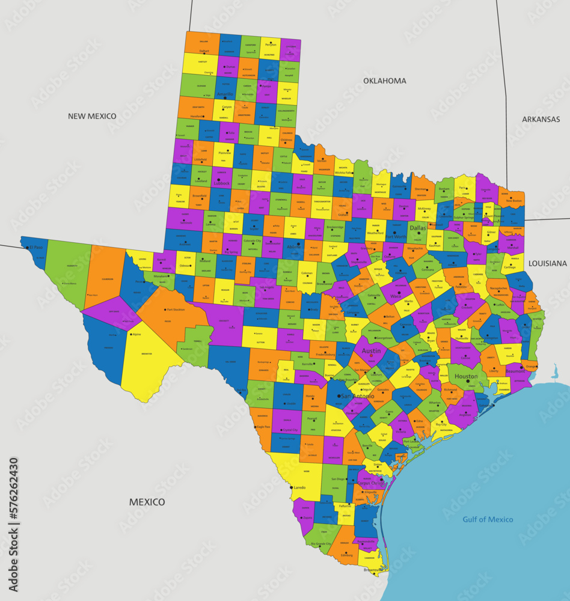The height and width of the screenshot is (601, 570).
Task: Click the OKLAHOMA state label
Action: tap(384, 81)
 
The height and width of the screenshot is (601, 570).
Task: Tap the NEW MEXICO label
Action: tap(92, 116)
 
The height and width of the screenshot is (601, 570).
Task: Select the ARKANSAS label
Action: tap(541, 120)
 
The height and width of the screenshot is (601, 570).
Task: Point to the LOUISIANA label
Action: tap(547, 263)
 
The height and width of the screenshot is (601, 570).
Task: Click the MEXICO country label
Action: tap(147, 502)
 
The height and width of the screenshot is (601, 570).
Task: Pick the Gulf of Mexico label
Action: tap(488, 519)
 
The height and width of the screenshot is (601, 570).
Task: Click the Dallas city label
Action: tap(417, 228)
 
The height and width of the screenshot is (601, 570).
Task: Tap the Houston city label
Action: tap(466, 376)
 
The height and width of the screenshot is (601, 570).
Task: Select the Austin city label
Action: tap(371, 350)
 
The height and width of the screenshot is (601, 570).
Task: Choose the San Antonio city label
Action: tap(357, 397)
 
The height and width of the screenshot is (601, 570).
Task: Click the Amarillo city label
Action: tap(225, 94)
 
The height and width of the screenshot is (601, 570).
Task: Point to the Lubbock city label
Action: tap(221, 183)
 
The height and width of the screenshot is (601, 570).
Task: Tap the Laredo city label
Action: tap(300, 488)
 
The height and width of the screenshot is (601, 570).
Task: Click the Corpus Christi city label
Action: tap(370, 483)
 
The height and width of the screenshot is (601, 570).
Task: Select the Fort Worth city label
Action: tap(396, 237)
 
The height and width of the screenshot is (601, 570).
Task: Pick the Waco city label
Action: tap(396, 296)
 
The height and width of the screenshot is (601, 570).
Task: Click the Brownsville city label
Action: tap(373, 570)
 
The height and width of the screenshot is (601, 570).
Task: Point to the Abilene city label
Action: tap(294, 246)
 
